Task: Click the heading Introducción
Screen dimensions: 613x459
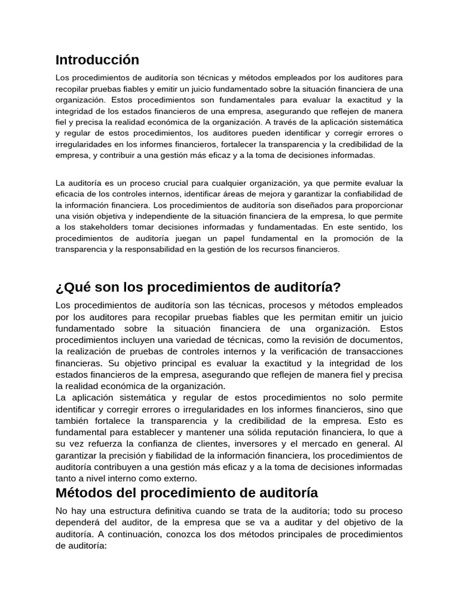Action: (97, 60)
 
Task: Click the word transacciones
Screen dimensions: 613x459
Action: (368, 351)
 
